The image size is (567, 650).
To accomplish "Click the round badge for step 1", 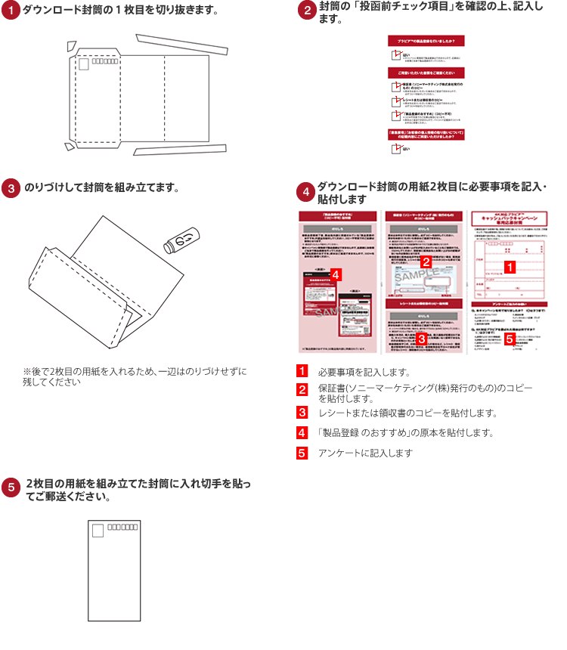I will pyautogui.click(x=11, y=11).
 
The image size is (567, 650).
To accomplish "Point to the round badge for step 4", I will pyautogui.click(x=305, y=192).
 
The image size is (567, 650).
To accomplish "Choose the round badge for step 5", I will pyautogui.click(x=11, y=487).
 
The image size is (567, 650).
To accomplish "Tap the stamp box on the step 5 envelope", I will pyautogui.click(x=98, y=531).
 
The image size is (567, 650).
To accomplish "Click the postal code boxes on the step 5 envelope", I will pyautogui.click(x=122, y=526).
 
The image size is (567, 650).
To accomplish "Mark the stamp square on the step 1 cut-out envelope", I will pyautogui.click(x=84, y=64).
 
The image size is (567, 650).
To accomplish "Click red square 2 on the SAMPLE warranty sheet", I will pyautogui.click(x=426, y=262).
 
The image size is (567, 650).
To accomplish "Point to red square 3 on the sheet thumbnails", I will pyautogui.click(x=421, y=339).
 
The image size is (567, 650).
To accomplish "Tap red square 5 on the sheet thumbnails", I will pyautogui.click(x=510, y=339).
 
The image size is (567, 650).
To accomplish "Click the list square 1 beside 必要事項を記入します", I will pyautogui.click(x=302, y=372).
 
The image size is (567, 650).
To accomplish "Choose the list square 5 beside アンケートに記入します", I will pyautogui.click(x=302, y=453).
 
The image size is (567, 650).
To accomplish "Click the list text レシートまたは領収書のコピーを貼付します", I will pyautogui.click(x=407, y=413).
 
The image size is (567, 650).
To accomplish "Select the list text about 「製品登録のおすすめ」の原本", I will pyautogui.click(x=405, y=433).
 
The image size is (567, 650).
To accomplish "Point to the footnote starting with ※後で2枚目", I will pyautogui.click(x=135, y=376).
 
